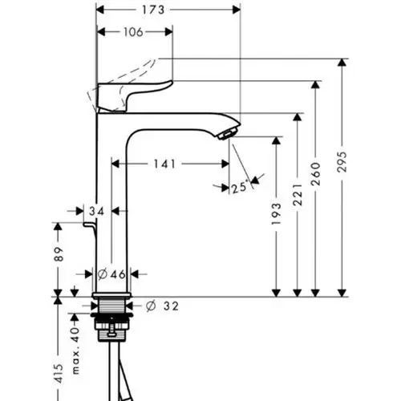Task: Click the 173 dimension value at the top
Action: [x=153, y=10]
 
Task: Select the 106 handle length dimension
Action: [x=133, y=32]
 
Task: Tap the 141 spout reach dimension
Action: [x=164, y=164]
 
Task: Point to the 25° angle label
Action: [x=239, y=187]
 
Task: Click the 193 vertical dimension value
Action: [x=277, y=213]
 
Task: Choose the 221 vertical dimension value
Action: [x=298, y=195]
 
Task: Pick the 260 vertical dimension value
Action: [x=316, y=174]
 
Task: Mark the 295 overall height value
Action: [x=342, y=162]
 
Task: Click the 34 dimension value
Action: [x=96, y=212]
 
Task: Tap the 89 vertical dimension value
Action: [x=59, y=254]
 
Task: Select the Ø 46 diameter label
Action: [x=111, y=274]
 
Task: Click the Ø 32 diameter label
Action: [x=162, y=306]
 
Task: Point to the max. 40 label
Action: [x=76, y=350]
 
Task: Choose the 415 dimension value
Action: [x=59, y=374]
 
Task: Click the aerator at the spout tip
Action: [x=228, y=133]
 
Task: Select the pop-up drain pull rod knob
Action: [x=88, y=225]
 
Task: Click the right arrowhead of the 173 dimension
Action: [x=237, y=10]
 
